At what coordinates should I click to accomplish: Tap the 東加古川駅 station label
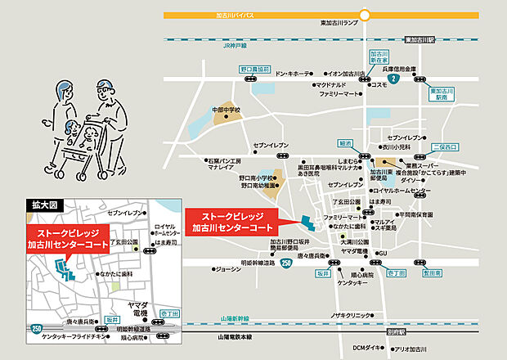(422, 40)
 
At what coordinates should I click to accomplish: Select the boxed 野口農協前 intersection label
(253, 70)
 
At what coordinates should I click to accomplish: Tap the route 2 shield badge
(393, 79)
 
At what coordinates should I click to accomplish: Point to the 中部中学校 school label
(227, 110)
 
